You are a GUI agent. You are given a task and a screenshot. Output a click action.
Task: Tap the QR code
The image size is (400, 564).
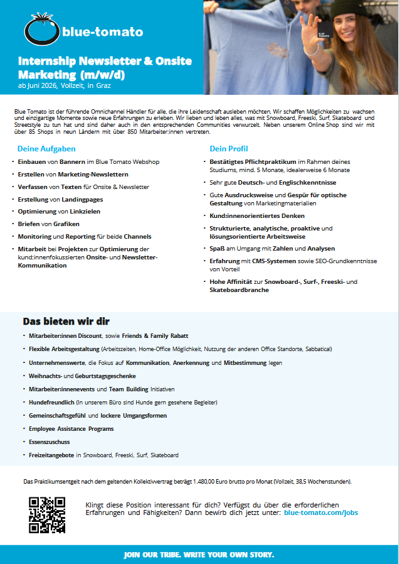pos(47,515)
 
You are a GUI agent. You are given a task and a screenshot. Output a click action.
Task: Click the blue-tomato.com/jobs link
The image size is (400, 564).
pos(321,512)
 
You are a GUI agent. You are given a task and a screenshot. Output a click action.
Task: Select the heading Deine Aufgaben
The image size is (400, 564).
pos(46,149)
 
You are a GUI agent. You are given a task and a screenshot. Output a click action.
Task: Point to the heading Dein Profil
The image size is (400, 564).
pos(229,149)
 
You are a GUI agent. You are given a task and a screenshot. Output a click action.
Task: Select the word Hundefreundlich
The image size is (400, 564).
pos(52,402)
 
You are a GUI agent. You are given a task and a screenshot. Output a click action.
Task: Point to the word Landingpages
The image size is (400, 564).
pos(82,199)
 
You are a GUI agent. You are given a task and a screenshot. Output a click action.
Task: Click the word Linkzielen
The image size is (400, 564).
pos(85,211)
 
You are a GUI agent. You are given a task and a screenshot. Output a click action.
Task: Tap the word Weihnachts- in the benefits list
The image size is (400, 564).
pos(46,376)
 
